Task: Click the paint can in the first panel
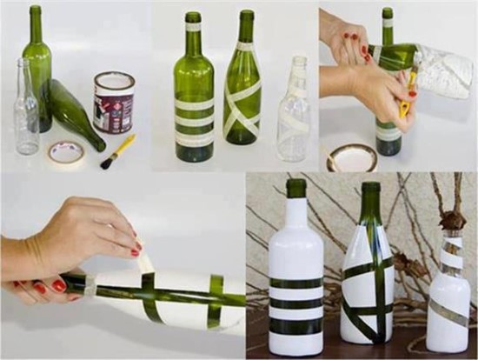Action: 114,102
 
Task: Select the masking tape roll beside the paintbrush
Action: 66,154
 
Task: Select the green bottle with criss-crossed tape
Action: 242,96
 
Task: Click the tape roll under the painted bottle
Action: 352,157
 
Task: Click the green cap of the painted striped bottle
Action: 296,188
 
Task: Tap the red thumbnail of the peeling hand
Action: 136,252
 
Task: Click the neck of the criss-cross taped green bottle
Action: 246,35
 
